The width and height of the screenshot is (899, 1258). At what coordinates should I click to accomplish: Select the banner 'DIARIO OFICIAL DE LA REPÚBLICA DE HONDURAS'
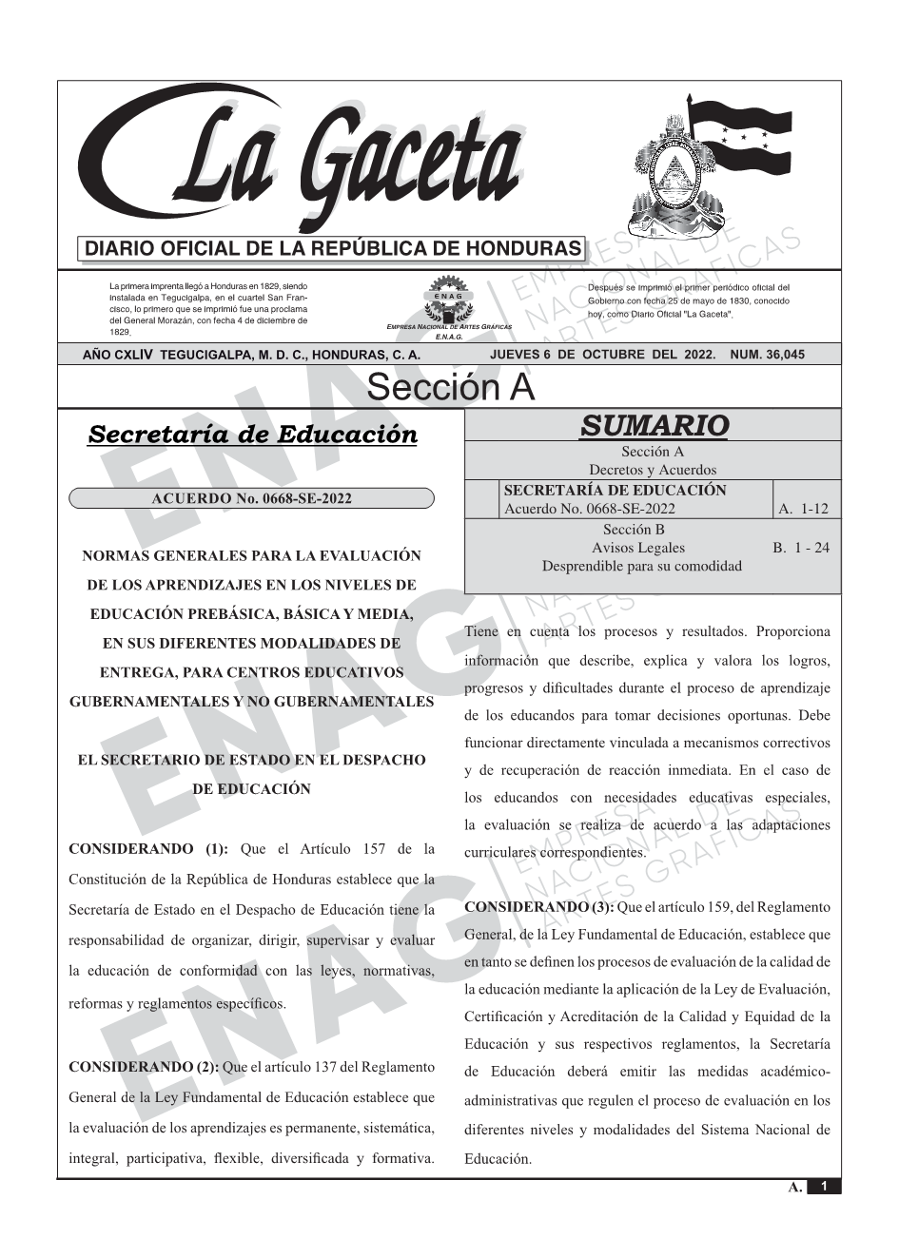(333, 249)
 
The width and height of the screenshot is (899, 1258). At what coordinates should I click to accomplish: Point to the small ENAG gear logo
(447, 300)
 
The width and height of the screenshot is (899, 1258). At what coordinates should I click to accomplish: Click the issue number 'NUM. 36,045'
(767, 355)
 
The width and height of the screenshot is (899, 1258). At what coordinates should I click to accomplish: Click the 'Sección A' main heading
(450, 388)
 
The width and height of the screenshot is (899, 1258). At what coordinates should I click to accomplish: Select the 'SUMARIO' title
(654, 426)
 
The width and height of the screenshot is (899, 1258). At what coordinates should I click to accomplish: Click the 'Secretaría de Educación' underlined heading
(252, 435)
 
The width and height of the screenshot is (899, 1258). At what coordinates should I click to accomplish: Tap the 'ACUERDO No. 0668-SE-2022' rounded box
(251, 498)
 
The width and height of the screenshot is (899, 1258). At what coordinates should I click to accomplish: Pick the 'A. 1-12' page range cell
(803, 509)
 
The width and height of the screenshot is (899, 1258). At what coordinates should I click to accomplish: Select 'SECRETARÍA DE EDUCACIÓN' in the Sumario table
(615, 491)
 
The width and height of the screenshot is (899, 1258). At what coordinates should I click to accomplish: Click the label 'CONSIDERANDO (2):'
(144, 1067)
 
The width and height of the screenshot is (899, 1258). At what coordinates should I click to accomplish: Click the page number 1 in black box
(824, 1187)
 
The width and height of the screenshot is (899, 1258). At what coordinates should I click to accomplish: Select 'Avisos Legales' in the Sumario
(637, 548)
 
